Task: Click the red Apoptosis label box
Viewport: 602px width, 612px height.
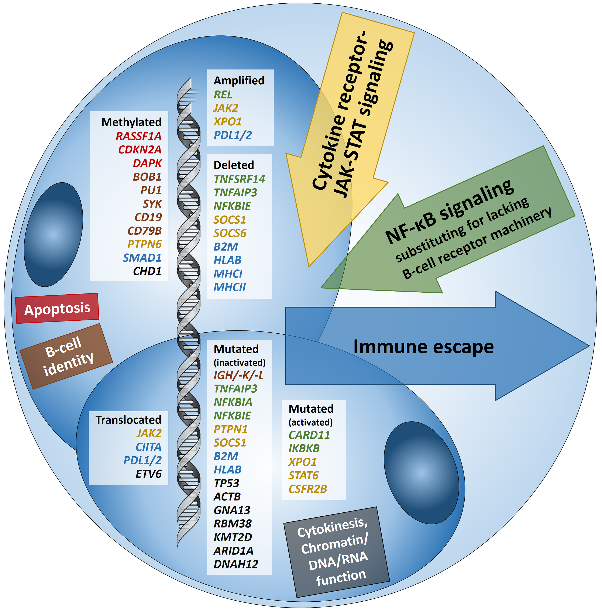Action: tap(57, 308)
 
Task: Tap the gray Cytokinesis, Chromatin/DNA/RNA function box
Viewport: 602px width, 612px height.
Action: tap(336, 552)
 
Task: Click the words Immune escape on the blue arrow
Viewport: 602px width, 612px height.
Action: tap(423, 347)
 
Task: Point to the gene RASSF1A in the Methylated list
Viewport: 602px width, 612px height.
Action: tap(138, 136)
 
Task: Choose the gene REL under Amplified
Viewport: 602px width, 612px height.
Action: tap(223, 94)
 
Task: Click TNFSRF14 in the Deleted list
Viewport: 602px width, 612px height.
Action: tap(239, 179)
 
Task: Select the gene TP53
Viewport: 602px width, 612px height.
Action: tap(226, 483)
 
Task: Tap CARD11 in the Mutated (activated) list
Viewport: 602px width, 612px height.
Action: tap(309, 435)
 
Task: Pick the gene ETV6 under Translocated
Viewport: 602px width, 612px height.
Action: tap(149, 474)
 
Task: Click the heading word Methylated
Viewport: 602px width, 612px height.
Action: tap(131, 122)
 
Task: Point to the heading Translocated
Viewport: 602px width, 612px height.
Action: tap(128, 420)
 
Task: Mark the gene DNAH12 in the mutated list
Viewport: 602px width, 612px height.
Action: tap(236, 564)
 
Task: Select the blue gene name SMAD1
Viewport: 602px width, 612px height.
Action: tap(142, 258)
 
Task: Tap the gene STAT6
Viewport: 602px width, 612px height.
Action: tap(303, 475)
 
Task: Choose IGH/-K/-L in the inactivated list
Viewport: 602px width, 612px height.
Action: tap(239, 375)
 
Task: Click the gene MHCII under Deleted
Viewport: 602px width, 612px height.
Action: tap(230, 287)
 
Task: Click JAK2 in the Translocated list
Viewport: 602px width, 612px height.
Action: tap(149, 433)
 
